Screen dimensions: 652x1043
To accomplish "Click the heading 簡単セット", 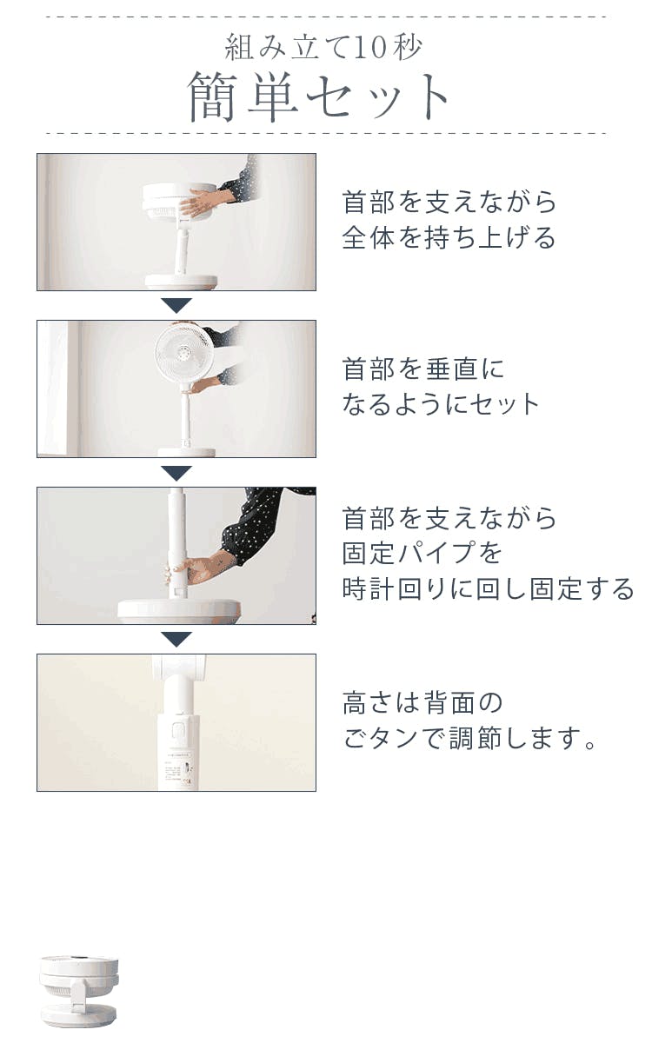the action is click(x=318, y=96).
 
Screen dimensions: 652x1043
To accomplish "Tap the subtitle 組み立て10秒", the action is click(x=323, y=47).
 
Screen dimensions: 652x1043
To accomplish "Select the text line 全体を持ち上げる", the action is click(x=449, y=237).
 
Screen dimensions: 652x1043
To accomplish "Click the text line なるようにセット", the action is click(x=441, y=403).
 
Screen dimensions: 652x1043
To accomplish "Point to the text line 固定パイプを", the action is click(x=422, y=553).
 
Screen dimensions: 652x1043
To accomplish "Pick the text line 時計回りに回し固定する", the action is click(x=488, y=588).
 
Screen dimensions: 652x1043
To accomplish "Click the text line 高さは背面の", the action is click(x=422, y=702).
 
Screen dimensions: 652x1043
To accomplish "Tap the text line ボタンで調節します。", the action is click(x=469, y=739).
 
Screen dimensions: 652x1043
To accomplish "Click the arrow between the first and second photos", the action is click(x=176, y=305).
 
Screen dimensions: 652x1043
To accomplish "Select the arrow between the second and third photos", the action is click(x=176, y=473).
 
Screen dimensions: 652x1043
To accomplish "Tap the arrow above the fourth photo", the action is click(x=176, y=639).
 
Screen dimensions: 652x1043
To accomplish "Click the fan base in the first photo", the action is click(x=181, y=282).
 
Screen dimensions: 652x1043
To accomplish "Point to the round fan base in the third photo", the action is click(x=179, y=611).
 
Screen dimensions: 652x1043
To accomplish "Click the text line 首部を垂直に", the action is click(x=422, y=369).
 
